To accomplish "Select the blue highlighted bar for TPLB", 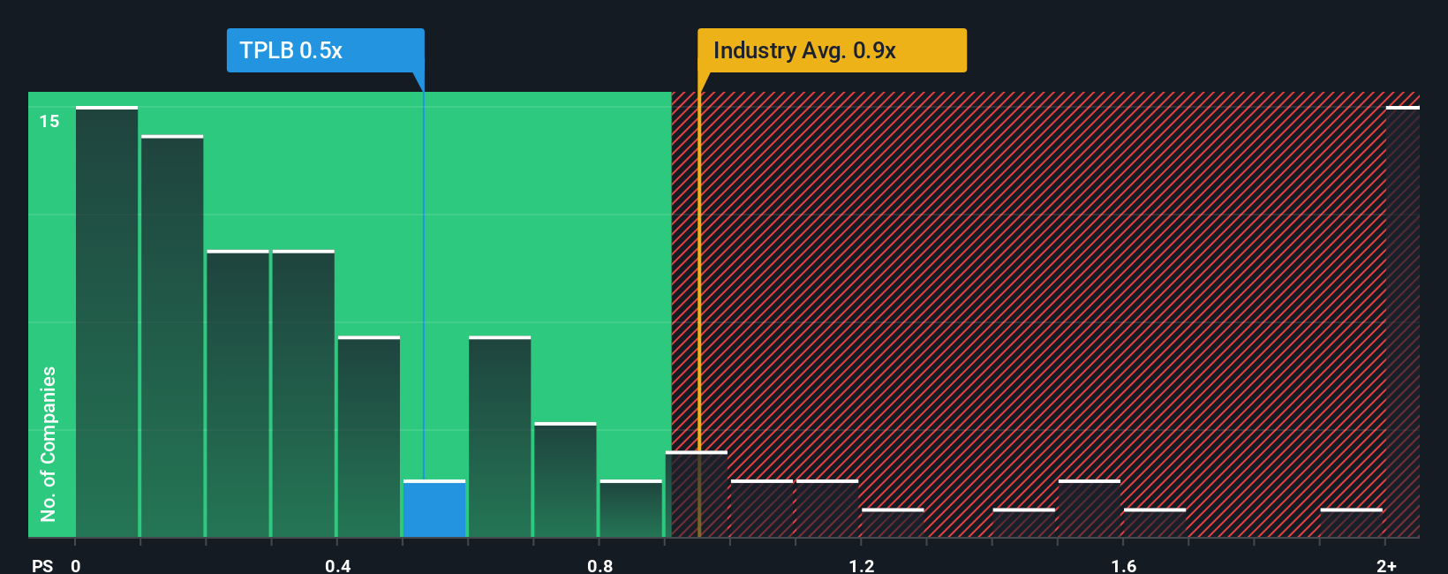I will [x=434, y=510].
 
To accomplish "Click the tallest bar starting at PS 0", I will [x=107, y=322].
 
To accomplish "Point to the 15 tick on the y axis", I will [x=49, y=121].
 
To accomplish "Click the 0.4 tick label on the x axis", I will [x=337, y=565].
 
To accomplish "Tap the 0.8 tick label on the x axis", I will [x=600, y=565].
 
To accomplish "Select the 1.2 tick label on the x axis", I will [x=862, y=565].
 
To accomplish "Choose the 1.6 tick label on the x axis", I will [x=1123, y=565].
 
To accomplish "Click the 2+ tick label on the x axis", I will [x=1386, y=565].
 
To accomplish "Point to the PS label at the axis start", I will [x=42, y=565].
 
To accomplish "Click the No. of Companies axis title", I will [x=49, y=443].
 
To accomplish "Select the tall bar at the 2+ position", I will [x=1402, y=322].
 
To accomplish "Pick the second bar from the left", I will [x=172, y=336].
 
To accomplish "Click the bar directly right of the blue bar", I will [x=500, y=437].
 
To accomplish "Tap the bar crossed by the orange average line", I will [x=697, y=495].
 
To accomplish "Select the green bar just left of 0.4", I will [x=303, y=393].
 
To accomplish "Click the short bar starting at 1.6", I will [x=1155, y=523].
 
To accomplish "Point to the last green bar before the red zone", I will [x=630, y=510].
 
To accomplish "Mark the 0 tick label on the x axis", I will [x=76, y=565].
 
